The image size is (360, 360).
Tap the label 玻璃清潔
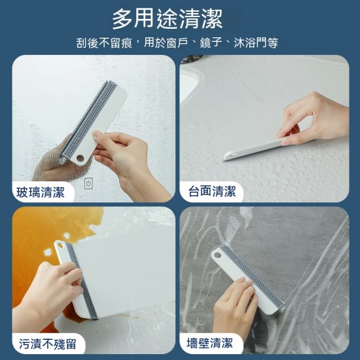41,192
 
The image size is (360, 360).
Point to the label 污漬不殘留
46,344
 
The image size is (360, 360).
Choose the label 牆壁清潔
211,344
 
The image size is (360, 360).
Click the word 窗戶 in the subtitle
187,43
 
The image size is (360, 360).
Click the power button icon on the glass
89,184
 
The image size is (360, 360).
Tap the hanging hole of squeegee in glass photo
80,158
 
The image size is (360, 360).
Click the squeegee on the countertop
252,149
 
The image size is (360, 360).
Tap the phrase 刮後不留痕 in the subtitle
104,43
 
